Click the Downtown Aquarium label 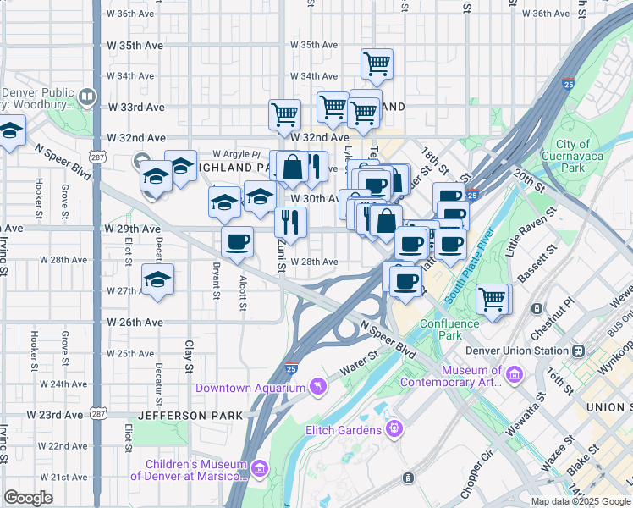point(250,388)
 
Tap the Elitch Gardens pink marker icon point(394,430)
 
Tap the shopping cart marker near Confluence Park point(493,298)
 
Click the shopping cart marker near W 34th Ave point(377,62)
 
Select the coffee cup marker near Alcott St point(238,240)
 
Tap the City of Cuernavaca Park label point(573,156)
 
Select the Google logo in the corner point(28,497)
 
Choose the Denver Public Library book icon point(86,97)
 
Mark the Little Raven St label point(523,240)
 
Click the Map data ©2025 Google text point(580,501)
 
